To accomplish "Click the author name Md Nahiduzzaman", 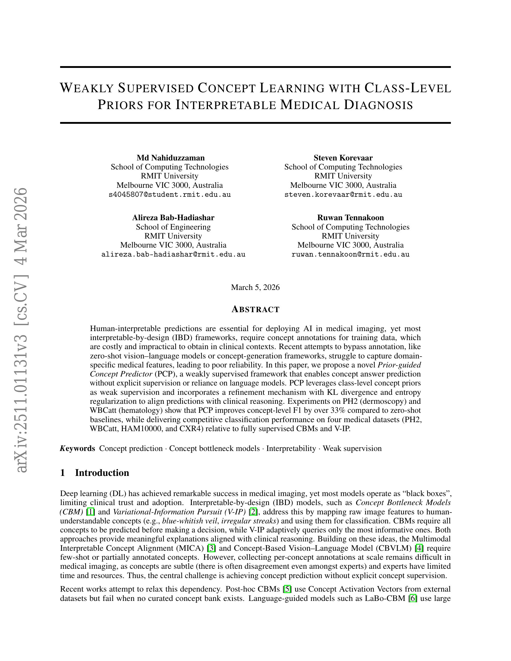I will tap(170, 158).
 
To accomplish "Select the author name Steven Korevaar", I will tap(343, 158).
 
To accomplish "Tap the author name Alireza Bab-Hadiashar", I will tap(173, 218).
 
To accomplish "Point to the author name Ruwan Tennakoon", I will tap(350, 218).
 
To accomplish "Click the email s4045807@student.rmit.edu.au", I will tap(170, 195).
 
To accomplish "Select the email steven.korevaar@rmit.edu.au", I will tap(343, 195).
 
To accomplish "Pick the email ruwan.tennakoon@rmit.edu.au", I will tap(350, 254).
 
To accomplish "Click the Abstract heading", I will tap(255, 309).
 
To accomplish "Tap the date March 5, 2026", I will tap(255, 287).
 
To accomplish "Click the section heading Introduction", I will tap(102, 473).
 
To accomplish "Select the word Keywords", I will tap(78, 448).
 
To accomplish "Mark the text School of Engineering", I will tap(173, 227).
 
